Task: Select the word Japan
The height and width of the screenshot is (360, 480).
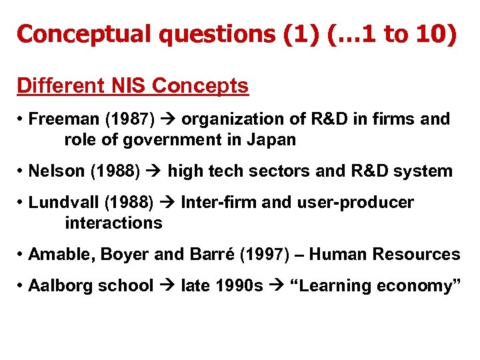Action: (273, 140)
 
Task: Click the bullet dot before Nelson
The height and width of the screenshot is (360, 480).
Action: (21, 171)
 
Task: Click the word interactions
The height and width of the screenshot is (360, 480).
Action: (113, 223)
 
